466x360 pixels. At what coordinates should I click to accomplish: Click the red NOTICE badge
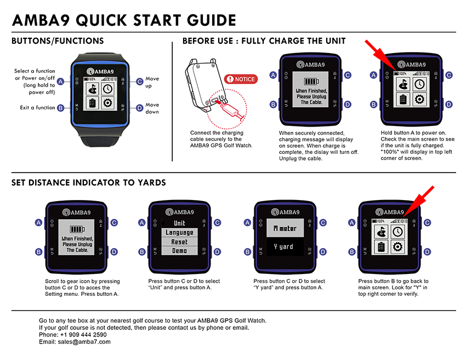241,79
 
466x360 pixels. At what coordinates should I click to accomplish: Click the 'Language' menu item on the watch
180,232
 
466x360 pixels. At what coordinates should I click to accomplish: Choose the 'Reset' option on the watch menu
180,242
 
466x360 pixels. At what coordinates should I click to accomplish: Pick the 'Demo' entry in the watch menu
180,250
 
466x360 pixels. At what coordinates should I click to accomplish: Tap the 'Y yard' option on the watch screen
284,247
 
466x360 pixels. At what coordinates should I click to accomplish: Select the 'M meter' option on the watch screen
284,228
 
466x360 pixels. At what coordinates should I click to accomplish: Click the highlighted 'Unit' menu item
180,223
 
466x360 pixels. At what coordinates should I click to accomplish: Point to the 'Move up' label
152,82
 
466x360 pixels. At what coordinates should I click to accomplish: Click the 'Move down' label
152,108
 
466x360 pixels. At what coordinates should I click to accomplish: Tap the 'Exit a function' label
37,108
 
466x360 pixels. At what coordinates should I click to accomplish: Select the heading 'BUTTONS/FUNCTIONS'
57,41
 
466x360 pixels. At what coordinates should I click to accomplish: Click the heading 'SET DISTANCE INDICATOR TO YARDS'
88,182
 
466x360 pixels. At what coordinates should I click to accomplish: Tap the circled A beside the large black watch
60,81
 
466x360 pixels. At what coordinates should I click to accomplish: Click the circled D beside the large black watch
139,108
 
